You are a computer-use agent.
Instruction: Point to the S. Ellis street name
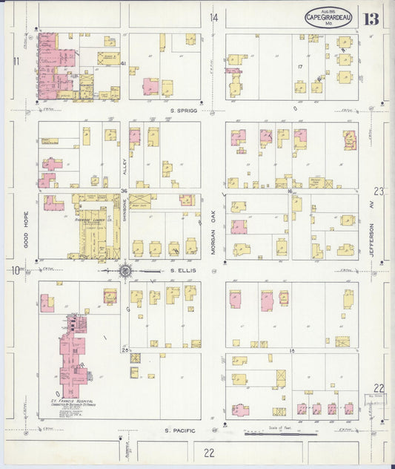182,271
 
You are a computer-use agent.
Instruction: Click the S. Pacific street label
179,430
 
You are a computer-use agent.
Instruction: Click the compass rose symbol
125,272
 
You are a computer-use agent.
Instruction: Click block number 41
124,64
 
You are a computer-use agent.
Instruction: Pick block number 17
300,67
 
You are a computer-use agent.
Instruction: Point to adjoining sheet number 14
213,17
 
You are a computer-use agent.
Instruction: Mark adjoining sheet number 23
379,191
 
